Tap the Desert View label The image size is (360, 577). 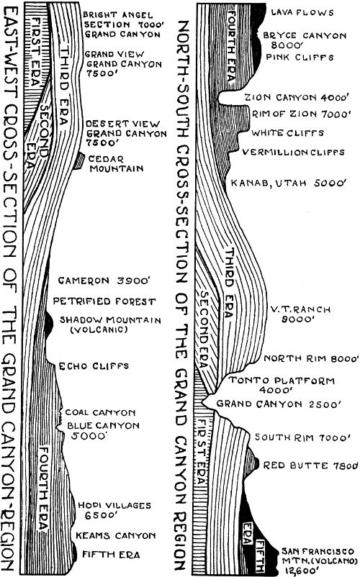click(113, 132)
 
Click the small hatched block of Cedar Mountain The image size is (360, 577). click(78, 162)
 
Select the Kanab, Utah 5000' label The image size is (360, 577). click(287, 183)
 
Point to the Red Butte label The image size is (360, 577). click(310, 464)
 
